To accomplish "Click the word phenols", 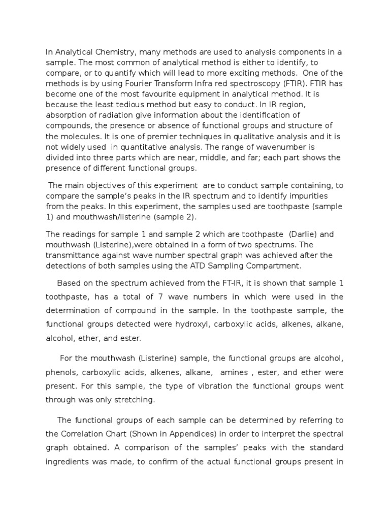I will [62, 374].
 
